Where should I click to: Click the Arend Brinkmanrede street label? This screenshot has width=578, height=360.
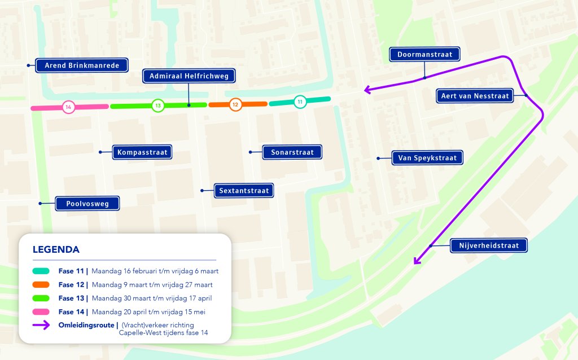coord(82,65)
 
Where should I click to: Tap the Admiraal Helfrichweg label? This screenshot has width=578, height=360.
coord(189,76)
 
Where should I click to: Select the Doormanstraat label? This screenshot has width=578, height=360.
coord(424,54)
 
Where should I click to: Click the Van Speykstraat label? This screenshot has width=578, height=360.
coord(427,158)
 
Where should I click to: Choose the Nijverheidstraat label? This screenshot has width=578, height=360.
coord(489,245)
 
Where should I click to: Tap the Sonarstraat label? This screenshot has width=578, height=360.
coord(292,152)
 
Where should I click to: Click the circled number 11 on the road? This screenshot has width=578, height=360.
coord(300,102)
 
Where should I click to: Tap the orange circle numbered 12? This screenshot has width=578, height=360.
coord(235,104)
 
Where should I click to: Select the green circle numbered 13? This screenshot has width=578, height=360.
coord(158,106)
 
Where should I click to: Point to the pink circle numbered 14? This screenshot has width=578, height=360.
coord(68,107)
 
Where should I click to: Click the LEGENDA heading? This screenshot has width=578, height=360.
coord(56,249)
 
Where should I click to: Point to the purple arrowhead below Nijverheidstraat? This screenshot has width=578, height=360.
coord(417,261)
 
